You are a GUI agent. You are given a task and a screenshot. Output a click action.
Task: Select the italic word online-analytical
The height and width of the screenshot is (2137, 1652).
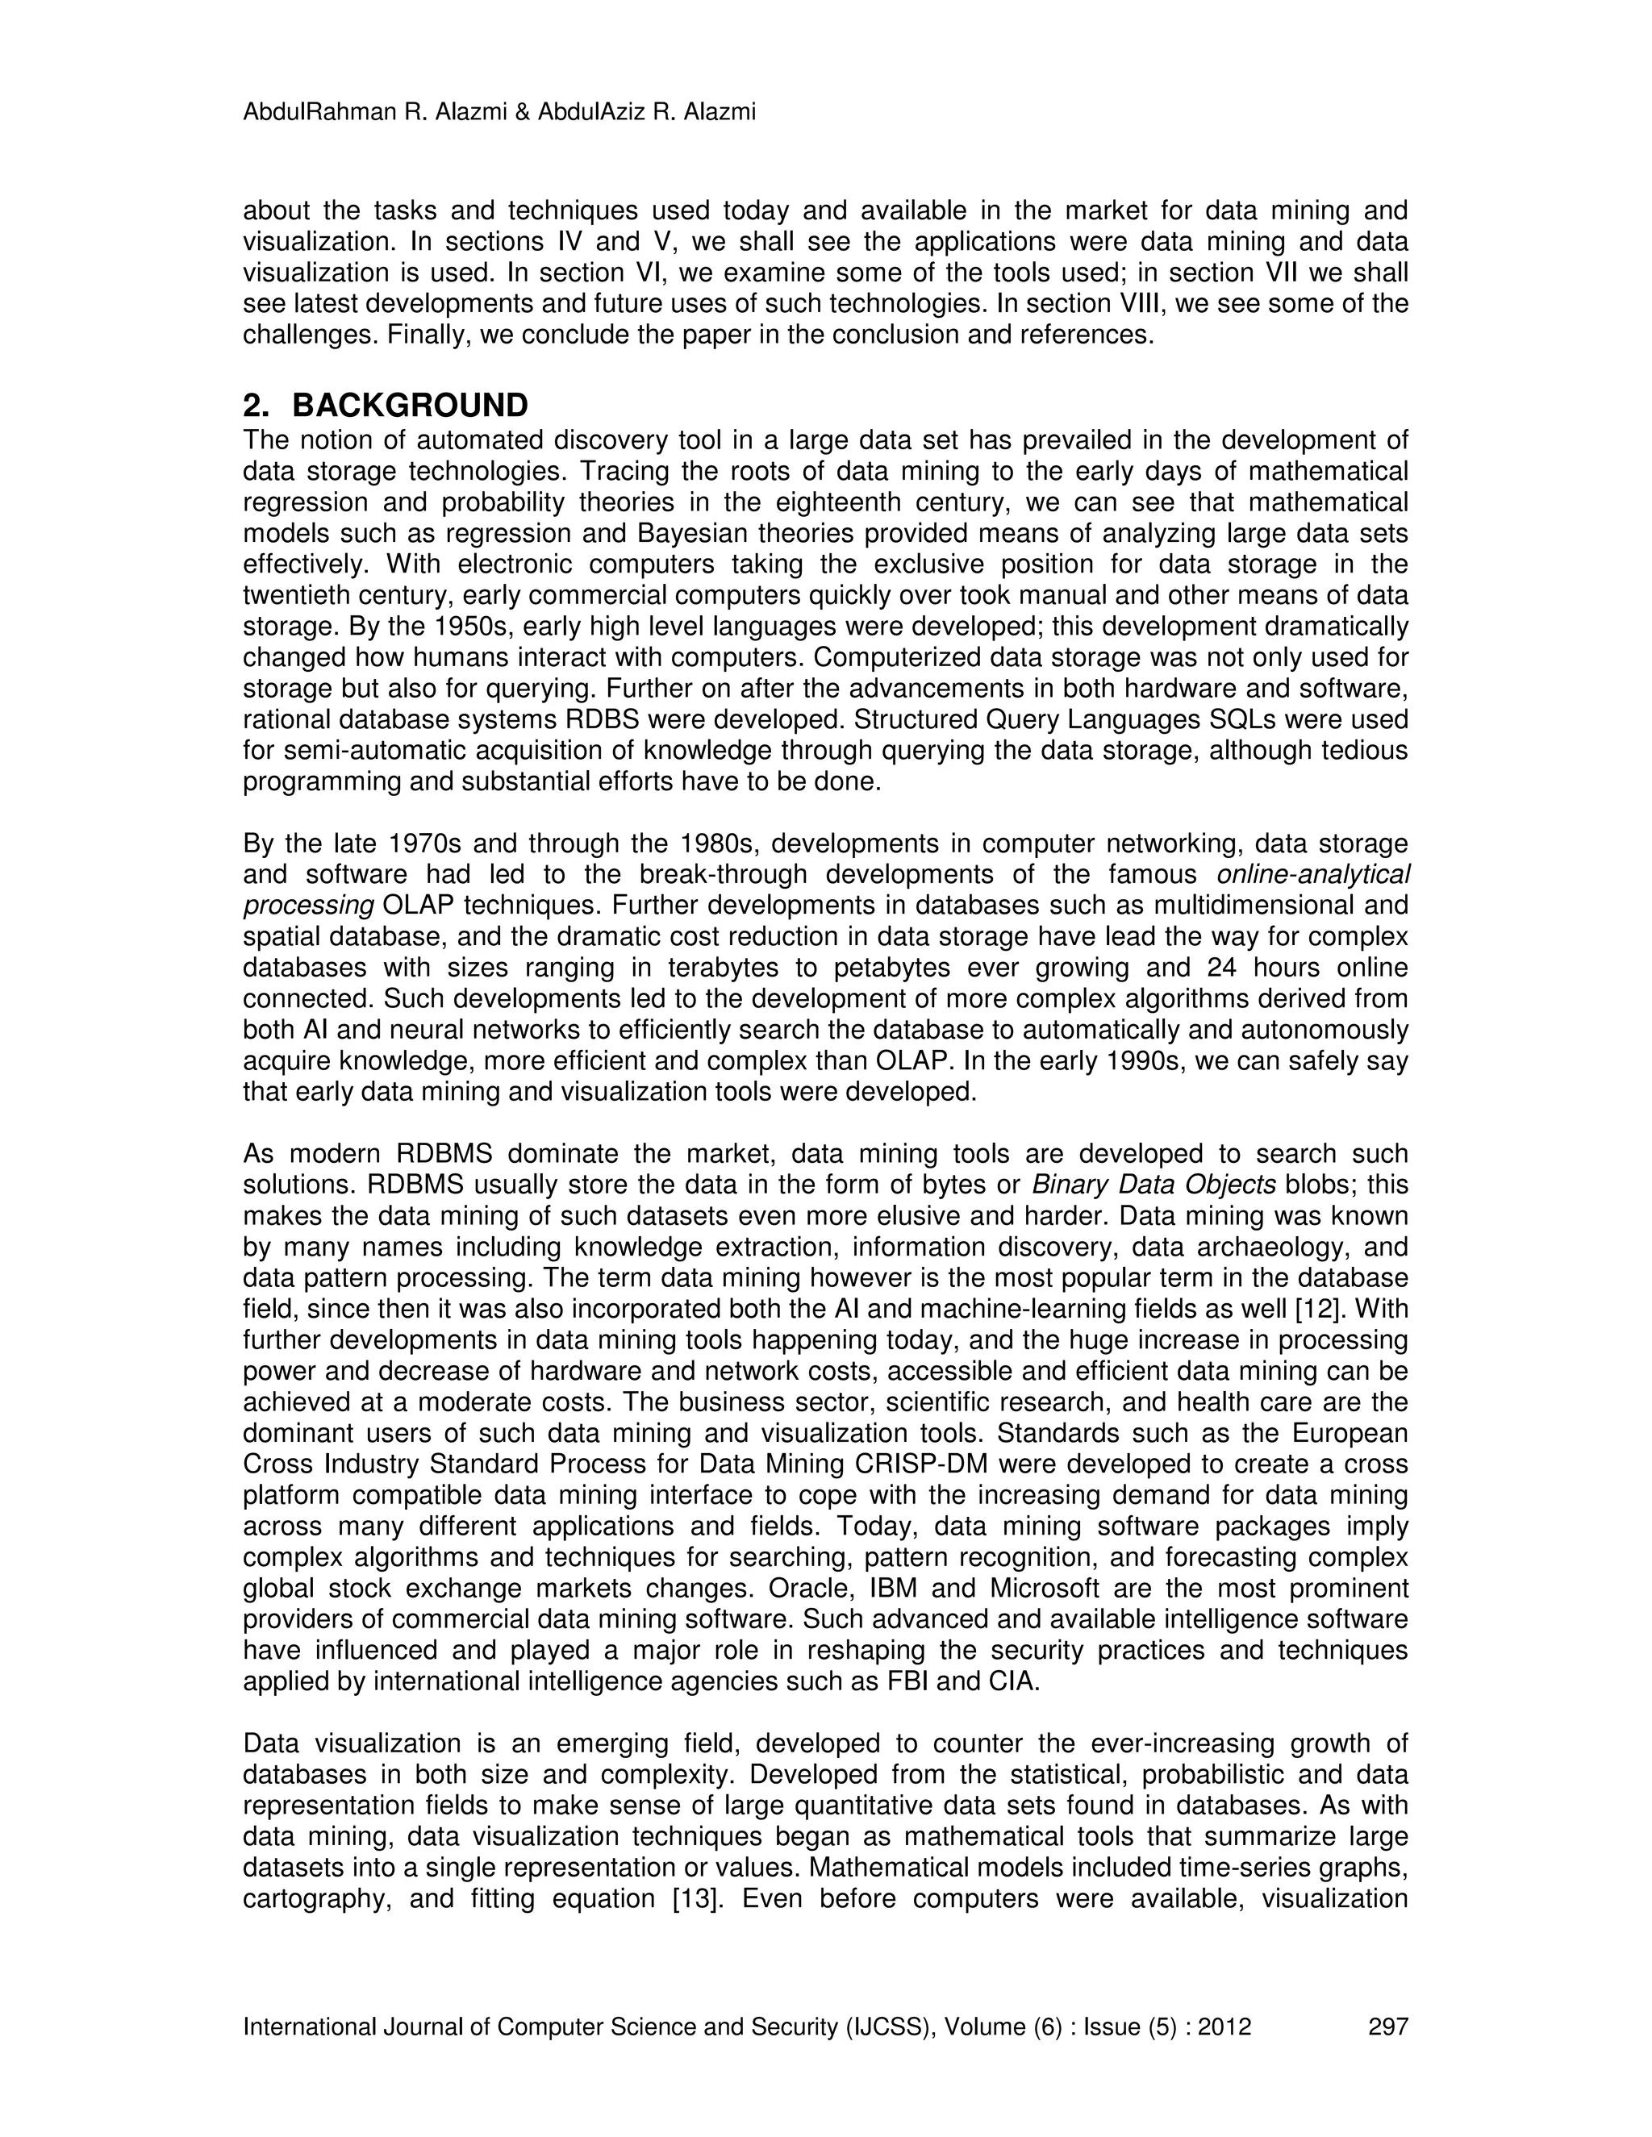1312,874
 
